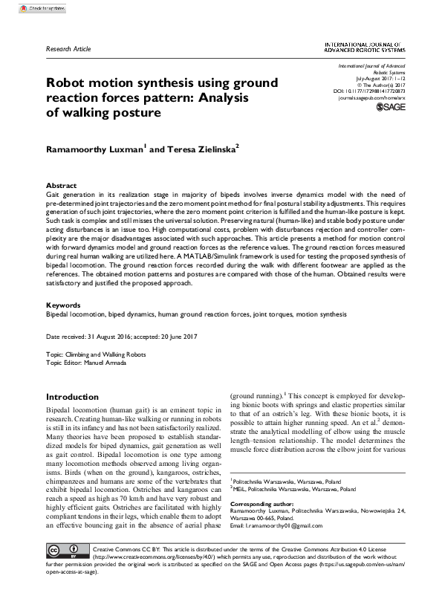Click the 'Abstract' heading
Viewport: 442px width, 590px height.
[61, 185]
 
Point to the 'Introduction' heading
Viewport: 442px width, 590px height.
[72, 397]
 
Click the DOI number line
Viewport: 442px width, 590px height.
[375, 91]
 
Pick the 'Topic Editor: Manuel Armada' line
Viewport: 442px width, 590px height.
[91, 384]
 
